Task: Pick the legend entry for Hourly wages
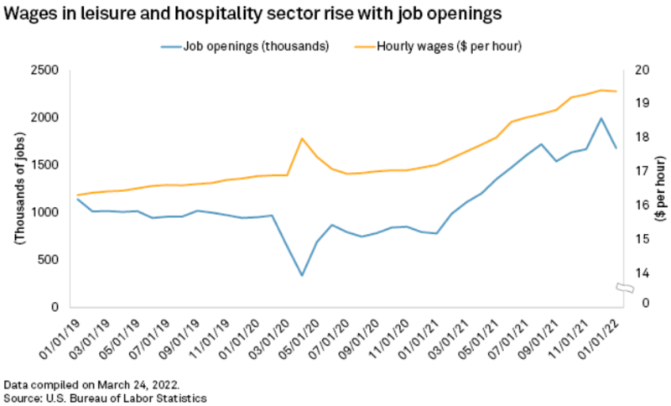pos(453,45)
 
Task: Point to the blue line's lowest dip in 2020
pos(302,275)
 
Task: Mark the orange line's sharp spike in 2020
pos(302,138)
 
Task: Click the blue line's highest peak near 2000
pos(601,118)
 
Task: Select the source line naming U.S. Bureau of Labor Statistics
pos(105,396)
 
